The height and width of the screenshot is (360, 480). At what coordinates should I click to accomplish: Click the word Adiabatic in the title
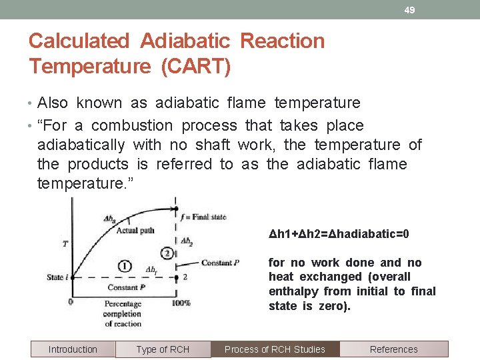click(184, 41)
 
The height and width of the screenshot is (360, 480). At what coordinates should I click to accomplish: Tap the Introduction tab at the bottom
click(73, 349)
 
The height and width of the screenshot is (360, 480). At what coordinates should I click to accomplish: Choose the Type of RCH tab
click(163, 349)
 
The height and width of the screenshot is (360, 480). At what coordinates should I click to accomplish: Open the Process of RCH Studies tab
click(275, 349)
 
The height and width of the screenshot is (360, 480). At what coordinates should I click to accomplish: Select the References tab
click(393, 349)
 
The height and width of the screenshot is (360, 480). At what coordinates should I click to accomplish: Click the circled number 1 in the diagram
click(124, 267)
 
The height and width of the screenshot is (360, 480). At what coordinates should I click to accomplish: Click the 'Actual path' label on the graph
click(135, 231)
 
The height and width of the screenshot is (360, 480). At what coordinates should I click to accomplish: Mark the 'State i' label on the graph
click(56, 277)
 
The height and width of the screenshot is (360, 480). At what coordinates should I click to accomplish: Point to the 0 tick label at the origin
click(71, 302)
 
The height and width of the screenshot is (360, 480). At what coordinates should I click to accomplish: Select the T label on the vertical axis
click(65, 243)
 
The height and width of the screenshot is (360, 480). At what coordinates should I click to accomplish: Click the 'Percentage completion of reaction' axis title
click(123, 314)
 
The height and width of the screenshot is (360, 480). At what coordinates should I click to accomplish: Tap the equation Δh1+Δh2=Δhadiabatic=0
click(339, 234)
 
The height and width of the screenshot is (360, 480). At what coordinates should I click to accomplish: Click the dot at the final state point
click(175, 216)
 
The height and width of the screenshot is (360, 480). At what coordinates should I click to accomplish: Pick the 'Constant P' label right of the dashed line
click(220, 263)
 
